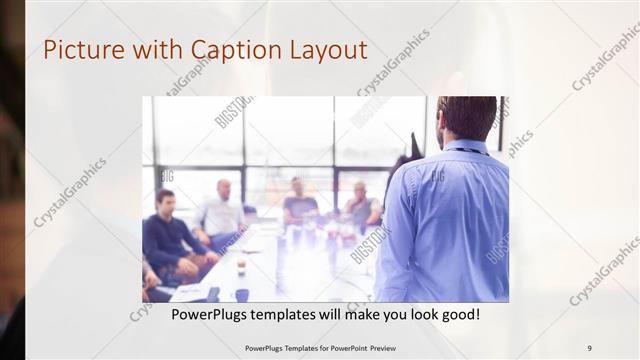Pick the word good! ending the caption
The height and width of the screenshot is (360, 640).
coord(458,314)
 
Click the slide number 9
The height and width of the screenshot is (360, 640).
coord(589,347)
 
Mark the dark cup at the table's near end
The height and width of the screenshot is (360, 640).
coord(243,295)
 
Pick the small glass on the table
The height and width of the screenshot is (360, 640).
coord(241,266)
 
